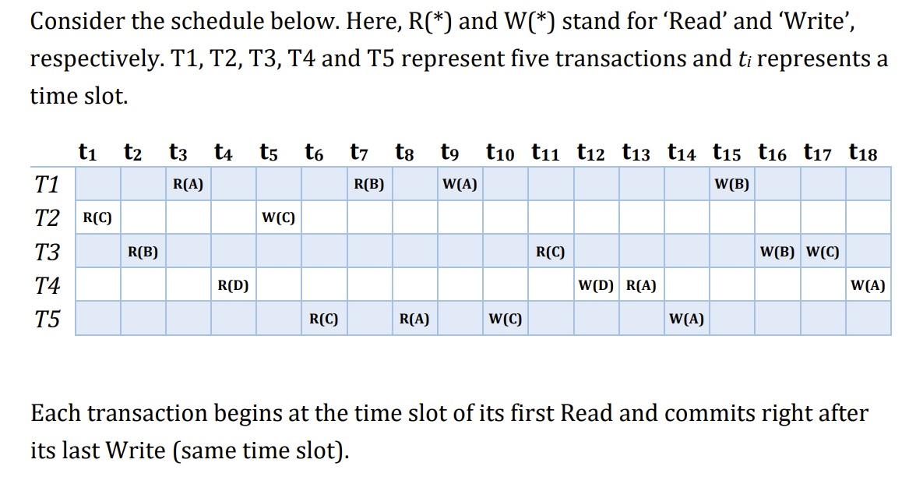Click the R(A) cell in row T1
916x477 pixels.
(188, 185)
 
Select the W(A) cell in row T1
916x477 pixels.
(460, 185)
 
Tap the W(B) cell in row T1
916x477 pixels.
(731, 185)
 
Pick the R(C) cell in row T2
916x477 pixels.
(97, 218)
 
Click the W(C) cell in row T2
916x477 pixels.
(278, 218)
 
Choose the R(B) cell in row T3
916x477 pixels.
(143, 252)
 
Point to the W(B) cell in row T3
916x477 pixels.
(777, 252)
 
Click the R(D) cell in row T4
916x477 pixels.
(233, 285)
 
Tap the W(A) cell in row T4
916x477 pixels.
(868, 285)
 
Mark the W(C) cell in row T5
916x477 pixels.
(506, 319)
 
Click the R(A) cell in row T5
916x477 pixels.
(414, 319)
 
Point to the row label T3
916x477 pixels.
(48, 253)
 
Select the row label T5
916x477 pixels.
(48, 320)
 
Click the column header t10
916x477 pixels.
(505, 153)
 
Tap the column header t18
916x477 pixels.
(864, 153)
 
